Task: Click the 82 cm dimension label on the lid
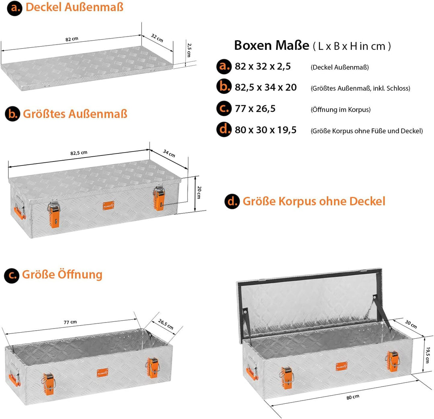point(72,39)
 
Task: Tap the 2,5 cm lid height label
point(189,50)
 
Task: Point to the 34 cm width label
point(169,153)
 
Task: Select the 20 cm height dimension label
point(199,192)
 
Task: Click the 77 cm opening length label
point(70,322)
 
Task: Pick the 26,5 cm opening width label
point(166,324)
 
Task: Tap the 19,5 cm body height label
point(428,355)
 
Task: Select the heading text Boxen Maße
point(272,45)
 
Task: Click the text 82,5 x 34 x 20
point(266,88)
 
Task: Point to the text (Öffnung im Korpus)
point(340,110)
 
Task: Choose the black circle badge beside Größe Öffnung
point(12,276)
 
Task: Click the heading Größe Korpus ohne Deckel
point(314,201)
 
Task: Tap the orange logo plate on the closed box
point(108,206)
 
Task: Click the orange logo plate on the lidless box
point(102,373)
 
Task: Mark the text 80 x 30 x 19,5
point(266,130)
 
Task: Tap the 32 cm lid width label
point(157,38)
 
